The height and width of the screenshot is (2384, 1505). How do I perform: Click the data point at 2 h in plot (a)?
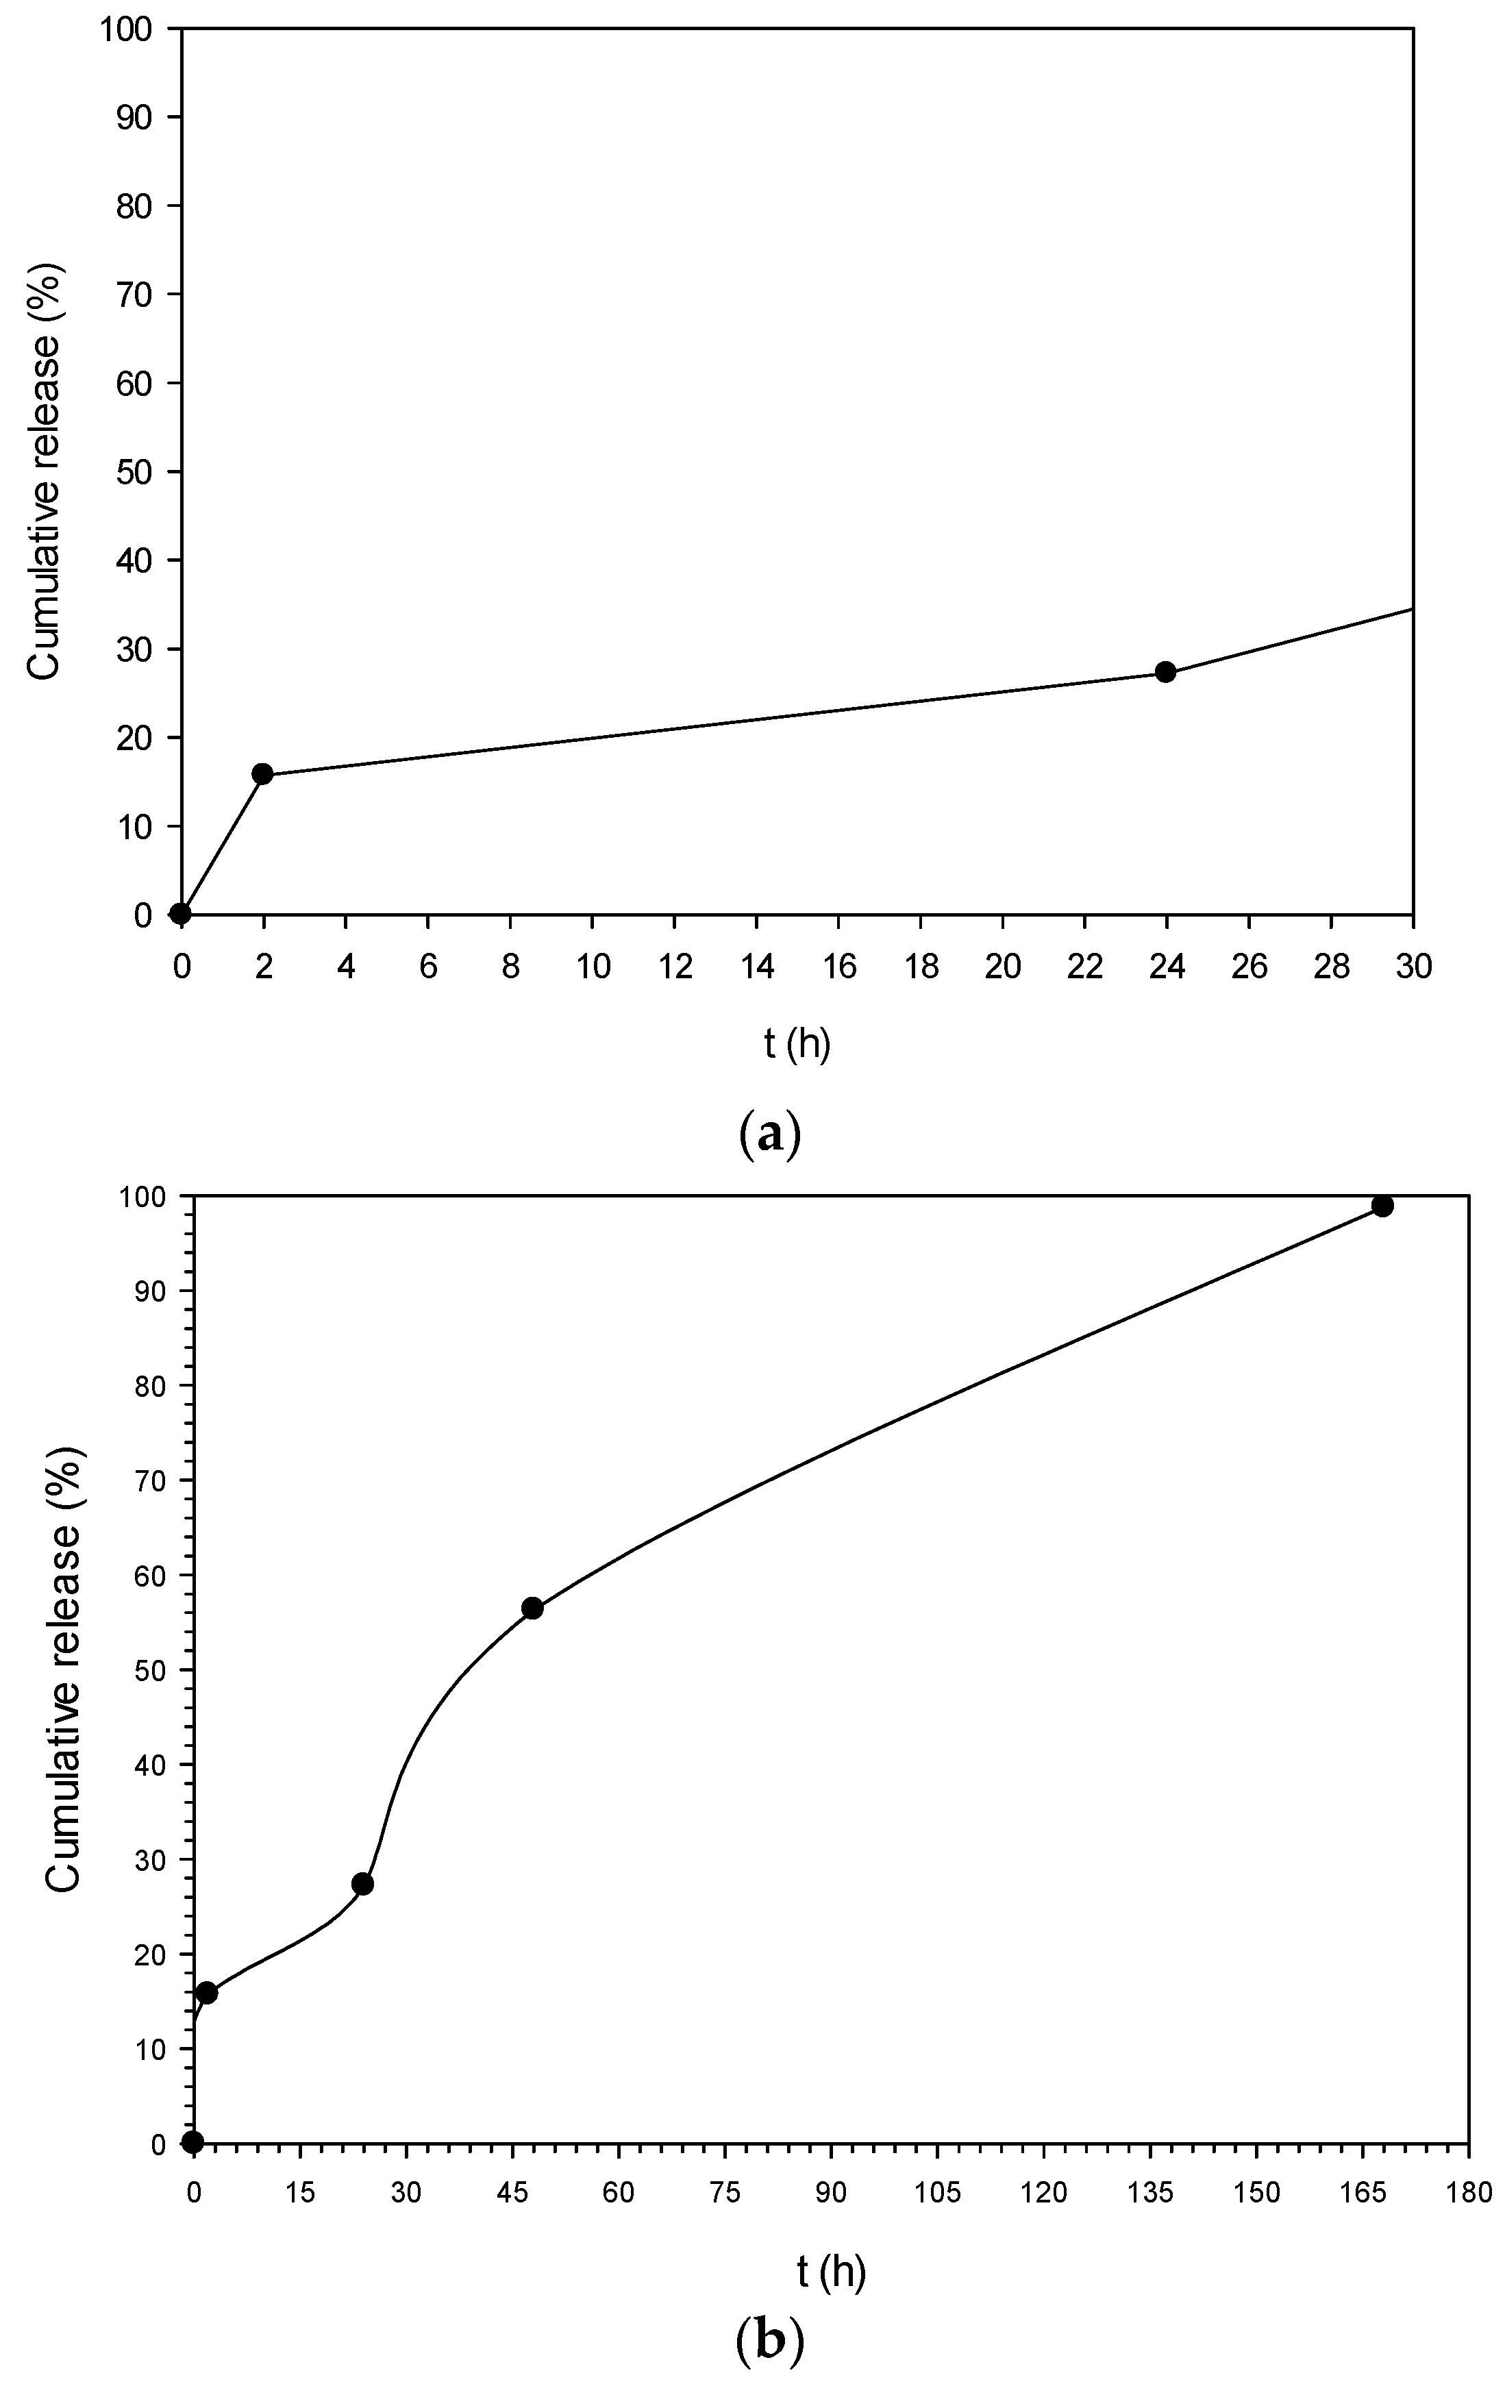tap(262, 773)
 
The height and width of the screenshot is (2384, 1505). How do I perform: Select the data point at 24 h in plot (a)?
tap(1165, 672)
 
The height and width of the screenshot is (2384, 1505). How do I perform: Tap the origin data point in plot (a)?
tap(180, 912)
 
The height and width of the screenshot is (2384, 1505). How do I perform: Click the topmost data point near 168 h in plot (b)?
tap(1382, 1205)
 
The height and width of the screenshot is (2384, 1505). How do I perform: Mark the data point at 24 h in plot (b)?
tap(362, 1883)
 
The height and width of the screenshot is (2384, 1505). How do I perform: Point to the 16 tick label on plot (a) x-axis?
tap(838, 966)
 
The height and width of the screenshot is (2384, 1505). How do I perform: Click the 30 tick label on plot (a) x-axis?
tap(1413, 966)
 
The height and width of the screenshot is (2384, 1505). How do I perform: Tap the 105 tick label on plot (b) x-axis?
tap(936, 2193)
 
